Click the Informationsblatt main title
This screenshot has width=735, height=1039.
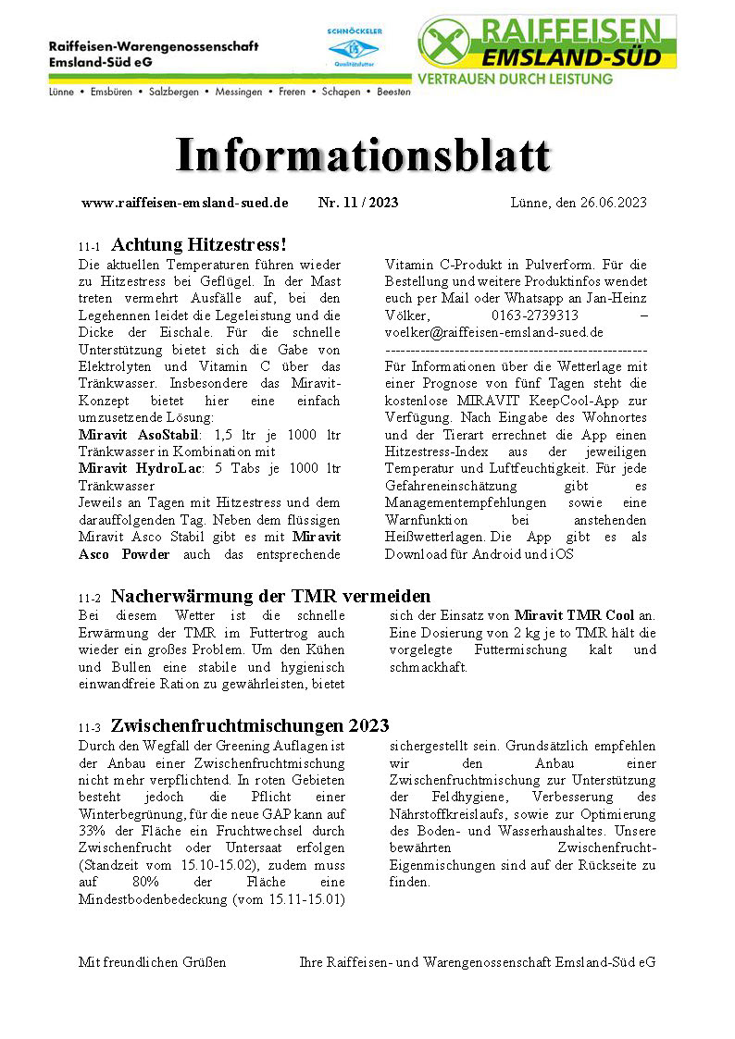click(363, 155)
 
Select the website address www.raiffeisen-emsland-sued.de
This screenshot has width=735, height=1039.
click(185, 203)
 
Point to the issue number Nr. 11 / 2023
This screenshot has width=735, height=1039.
click(358, 203)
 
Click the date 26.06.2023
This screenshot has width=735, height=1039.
click(609, 203)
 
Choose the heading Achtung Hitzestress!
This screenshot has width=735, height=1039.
click(198, 245)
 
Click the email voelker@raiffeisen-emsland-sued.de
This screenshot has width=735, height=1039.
click(493, 331)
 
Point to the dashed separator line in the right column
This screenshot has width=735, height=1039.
click(515, 351)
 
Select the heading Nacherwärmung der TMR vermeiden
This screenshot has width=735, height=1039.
click(270, 597)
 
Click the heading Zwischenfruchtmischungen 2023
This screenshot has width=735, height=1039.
click(250, 725)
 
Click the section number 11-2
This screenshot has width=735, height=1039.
click(90, 599)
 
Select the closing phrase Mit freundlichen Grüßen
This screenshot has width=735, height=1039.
click(152, 962)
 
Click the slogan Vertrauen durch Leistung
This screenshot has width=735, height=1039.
click(516, 80)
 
